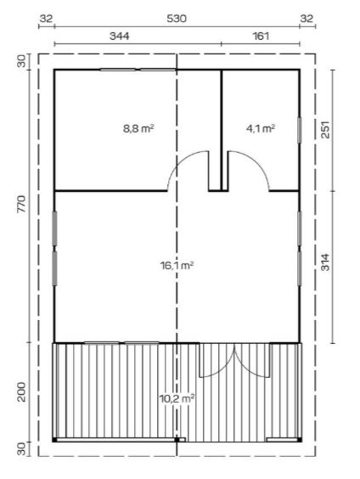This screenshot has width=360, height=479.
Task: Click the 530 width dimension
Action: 177,18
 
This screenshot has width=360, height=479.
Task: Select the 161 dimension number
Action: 260,37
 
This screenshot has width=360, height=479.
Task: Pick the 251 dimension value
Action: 325,130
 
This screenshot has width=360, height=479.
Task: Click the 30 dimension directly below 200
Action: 21,448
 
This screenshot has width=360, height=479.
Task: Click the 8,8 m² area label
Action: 138,129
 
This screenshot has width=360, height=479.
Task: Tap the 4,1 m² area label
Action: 260,129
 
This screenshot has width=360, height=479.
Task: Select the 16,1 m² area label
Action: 177,266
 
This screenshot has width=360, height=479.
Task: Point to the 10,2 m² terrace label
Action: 177,397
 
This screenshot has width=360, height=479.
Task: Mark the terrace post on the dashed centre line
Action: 177,440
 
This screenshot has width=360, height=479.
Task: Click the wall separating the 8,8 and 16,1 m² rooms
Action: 110,190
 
